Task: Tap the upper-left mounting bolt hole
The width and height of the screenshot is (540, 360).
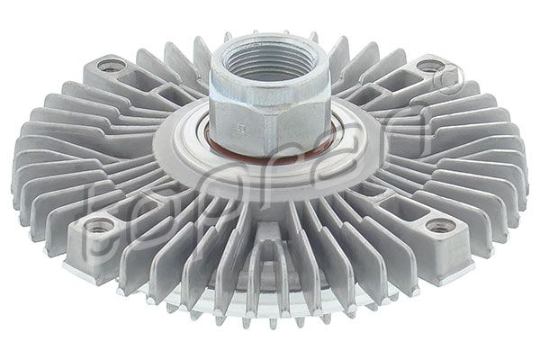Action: [x=112, y=65]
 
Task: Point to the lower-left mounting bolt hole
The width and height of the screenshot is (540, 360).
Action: [x=100, y=224]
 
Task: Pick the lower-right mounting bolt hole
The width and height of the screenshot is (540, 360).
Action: [x=438, y=226]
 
